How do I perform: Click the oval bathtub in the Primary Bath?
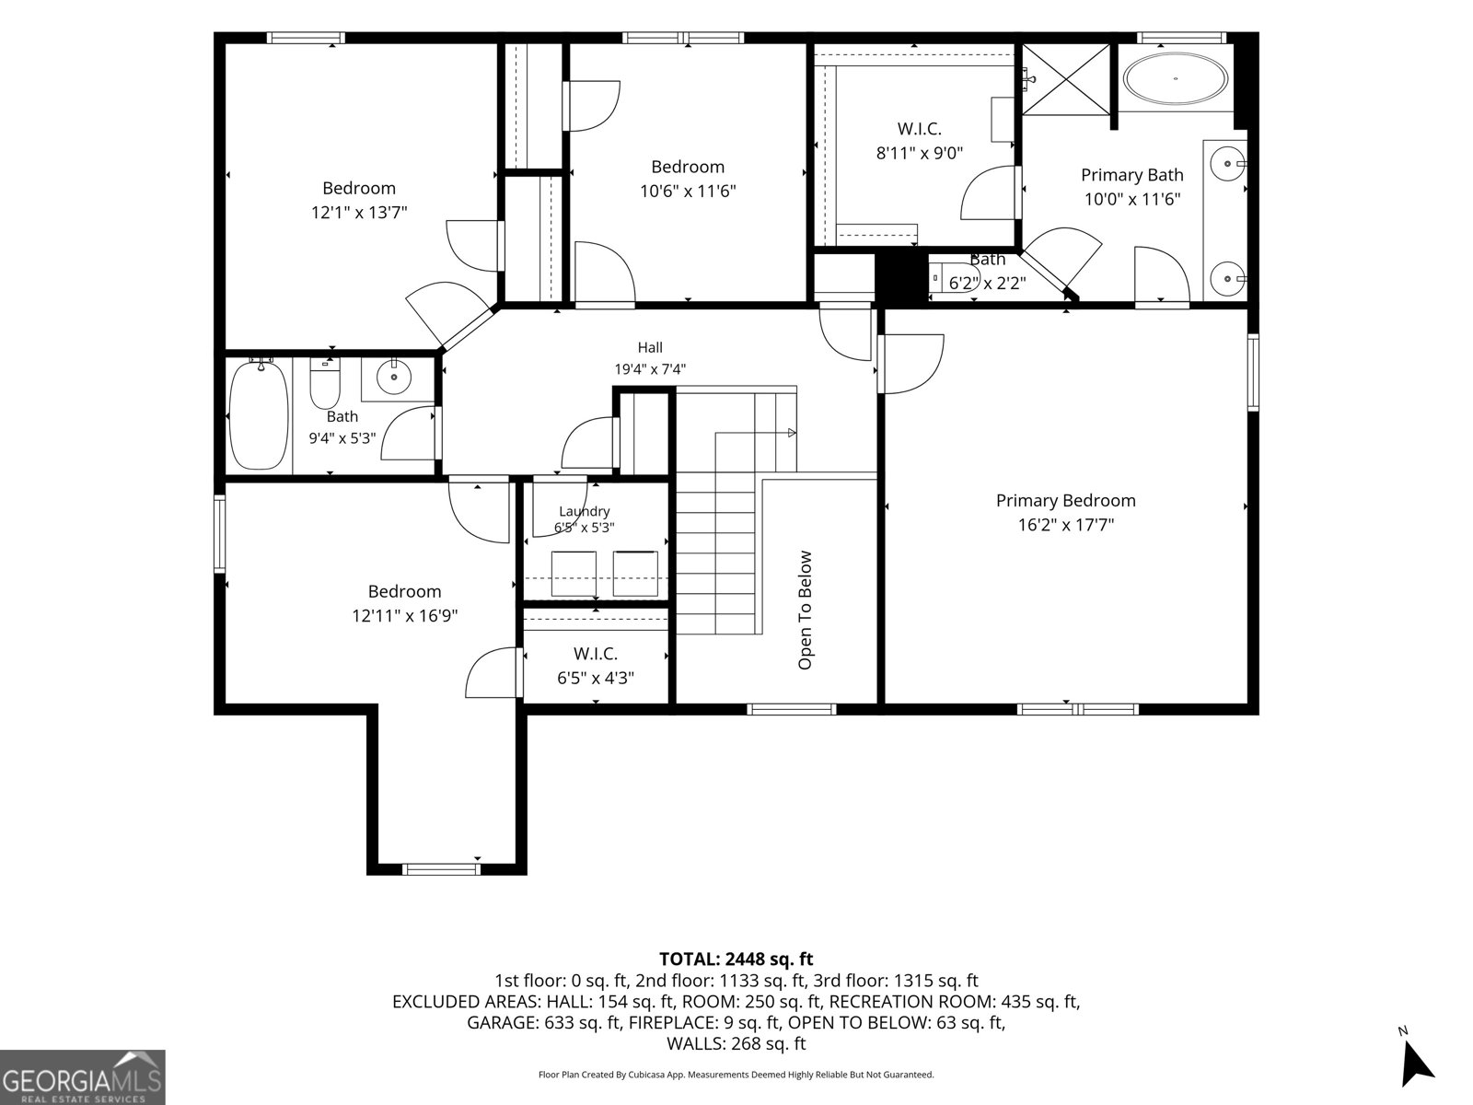point(1176,78)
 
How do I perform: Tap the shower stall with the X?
point(1066,79)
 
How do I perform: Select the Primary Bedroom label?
point(1066,501)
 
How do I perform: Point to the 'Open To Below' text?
point(806,610)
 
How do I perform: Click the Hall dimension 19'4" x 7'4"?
point(650,369)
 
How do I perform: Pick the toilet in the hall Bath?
point(325,383)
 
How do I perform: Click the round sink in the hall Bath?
point(393,377)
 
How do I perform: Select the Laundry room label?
point(584,511)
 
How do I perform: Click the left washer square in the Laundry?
point(574,573)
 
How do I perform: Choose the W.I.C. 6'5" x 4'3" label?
point(596,666)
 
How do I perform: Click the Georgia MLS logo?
point(83,1076)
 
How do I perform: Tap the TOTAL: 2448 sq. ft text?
point(736,959)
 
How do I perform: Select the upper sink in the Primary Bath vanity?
point(1227,164)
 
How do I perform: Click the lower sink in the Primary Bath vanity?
point(1227,278)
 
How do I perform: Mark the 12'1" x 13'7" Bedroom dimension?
point(359,213)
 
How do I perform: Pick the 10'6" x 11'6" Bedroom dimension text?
point(688,192)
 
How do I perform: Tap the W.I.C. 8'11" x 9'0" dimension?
point(920,153)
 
